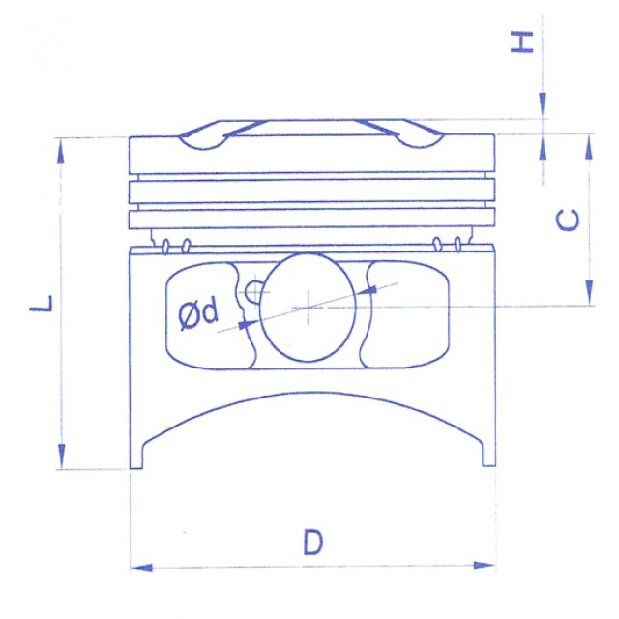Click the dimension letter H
pos(522,43)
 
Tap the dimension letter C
pos(568,220)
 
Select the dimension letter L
pos(41,303)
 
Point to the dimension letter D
pos(313,543)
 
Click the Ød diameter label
pos(198,313)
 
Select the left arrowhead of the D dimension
pos(141,568)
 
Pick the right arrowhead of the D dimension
pos(484,565)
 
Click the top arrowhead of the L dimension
pos(60,151)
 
